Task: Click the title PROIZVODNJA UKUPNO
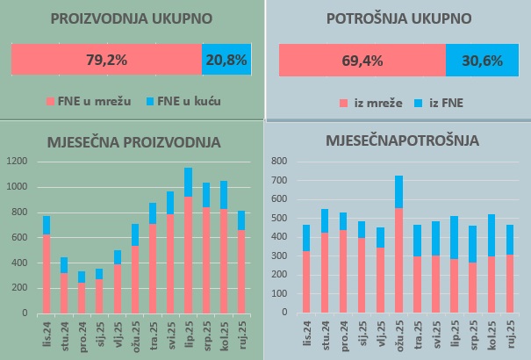coord(132,18)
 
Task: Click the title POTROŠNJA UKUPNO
coord(398,18)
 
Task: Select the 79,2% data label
coord(107,61)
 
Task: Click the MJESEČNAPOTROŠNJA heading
coord(400,140)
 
